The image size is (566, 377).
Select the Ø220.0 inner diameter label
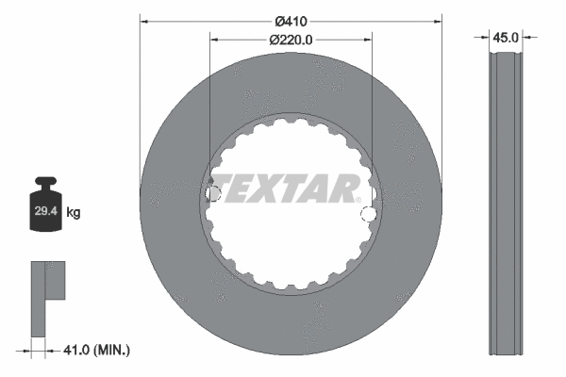coord(291,40)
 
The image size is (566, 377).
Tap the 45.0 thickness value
coord(507,38)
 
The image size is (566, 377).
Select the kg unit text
coord(74,214)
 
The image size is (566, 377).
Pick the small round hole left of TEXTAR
coord(212,194)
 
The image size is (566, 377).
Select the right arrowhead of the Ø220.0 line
coord(368,40)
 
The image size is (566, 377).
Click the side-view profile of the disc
coord(507,203)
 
